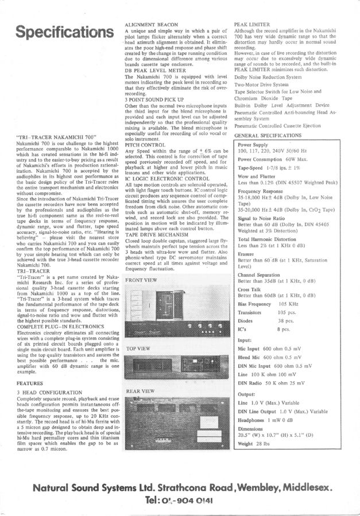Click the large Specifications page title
click(63, 32)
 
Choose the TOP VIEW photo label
click(138, 348)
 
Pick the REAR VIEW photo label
click(140, 391)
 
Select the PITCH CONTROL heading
click(147, 146)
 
